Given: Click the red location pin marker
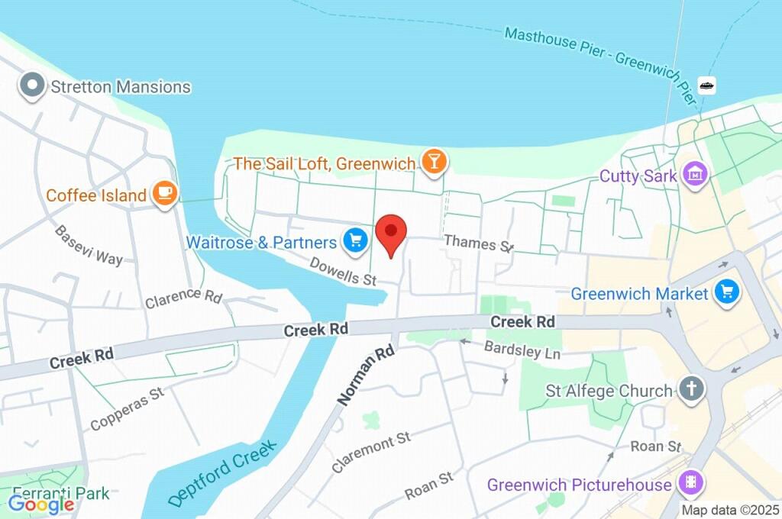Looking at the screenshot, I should coord(391,233).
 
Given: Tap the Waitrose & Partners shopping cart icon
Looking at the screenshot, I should coord(355,242).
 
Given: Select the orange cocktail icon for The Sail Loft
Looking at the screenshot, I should coord(434,162).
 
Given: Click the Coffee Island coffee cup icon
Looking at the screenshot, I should coord(164,194).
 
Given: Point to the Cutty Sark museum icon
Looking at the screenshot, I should coord(696,175).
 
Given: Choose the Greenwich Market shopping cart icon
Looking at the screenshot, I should coord(727,292).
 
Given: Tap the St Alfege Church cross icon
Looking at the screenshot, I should coord(691,390).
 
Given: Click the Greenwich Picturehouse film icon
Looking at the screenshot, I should coord(692,483).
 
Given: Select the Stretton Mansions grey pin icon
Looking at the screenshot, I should coord(33,86).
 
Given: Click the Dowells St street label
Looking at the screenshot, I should coord(344,271).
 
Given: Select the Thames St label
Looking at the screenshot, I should coord(479,243).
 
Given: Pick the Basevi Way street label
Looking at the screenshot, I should coord(89,245).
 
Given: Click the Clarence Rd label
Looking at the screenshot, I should coord(183,297).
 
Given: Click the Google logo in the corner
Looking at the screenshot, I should coord(40,504).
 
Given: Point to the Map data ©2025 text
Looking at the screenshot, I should coord(730,510).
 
